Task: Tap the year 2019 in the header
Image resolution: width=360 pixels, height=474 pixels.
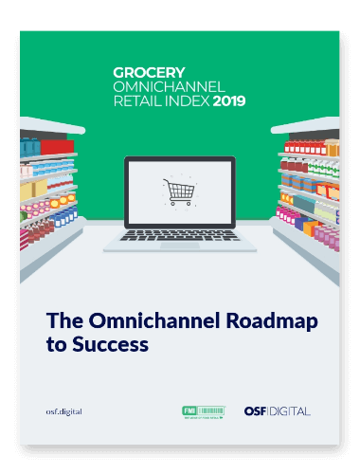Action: pos(229,100)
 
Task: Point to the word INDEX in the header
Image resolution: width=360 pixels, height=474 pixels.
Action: pos(187,100)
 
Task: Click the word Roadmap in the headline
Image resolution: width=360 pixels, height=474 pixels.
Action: pos(271,321)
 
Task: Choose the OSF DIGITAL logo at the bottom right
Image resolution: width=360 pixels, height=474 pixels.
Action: pos(277,410)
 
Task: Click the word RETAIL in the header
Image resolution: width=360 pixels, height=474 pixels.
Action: pos(139,100)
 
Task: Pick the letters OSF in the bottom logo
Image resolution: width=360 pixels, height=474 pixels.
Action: pos(256,410)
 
